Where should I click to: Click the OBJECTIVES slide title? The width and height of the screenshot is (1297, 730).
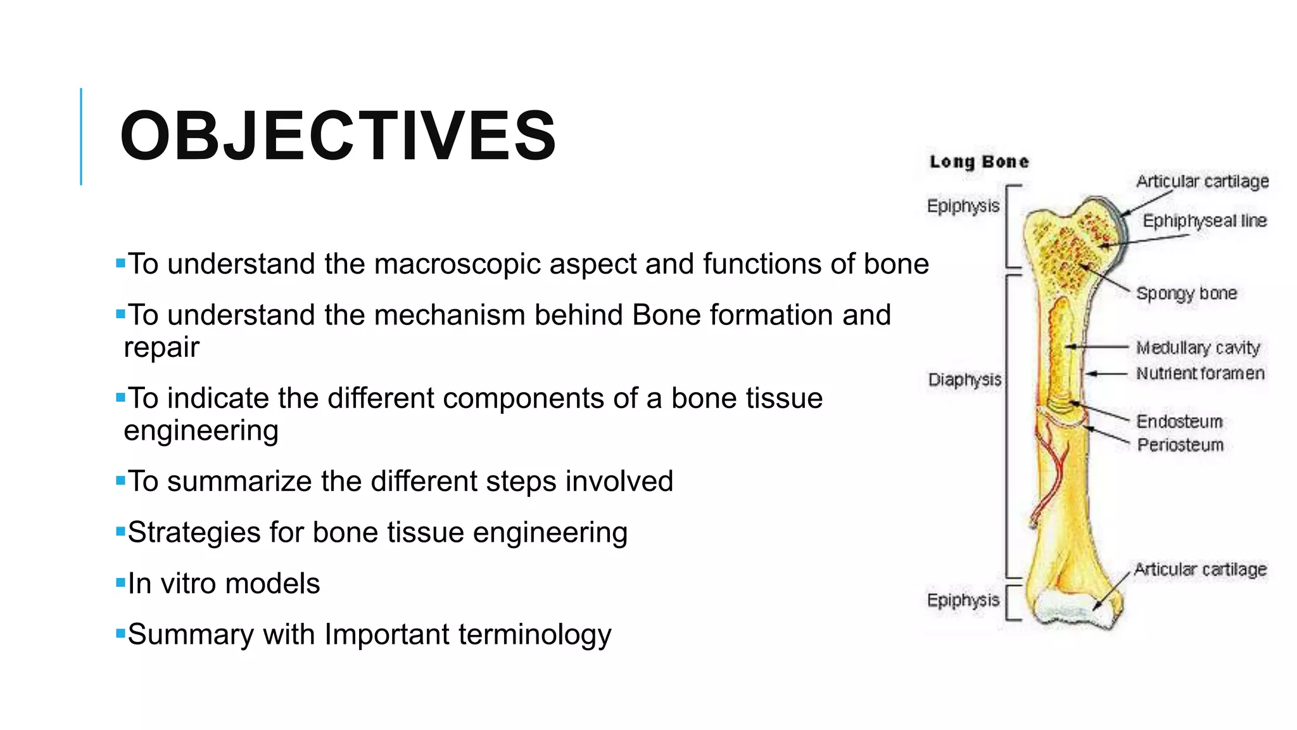coord(338,136)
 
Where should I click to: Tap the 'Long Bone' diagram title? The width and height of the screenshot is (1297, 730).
coord(978,162)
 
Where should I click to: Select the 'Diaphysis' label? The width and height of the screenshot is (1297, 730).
coord(964,380)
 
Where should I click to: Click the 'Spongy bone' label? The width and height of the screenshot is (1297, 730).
coord(1186,293)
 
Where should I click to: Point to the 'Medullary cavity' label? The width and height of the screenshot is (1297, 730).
coord(1198,348)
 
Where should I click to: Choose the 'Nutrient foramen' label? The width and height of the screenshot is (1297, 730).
coord(1200,373)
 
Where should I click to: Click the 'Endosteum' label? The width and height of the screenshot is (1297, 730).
coord(1179,421)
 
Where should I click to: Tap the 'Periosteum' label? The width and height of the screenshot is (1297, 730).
coord(1180,445)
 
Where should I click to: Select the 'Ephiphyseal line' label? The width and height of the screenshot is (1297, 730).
coord(1204,221)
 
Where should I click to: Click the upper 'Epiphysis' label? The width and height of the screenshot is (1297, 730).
coord(963,206)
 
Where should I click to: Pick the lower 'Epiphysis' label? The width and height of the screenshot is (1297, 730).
coord(963,600)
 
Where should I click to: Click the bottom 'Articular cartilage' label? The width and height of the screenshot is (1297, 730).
coord(1200,569)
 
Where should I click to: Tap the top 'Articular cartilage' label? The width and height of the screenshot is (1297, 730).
coord(1202,181)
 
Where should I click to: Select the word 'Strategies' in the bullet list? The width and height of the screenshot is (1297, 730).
coord(193,532)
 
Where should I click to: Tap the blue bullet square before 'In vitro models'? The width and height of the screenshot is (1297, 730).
coord(120,582)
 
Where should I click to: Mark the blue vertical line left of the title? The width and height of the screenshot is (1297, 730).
coord(81,136)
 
